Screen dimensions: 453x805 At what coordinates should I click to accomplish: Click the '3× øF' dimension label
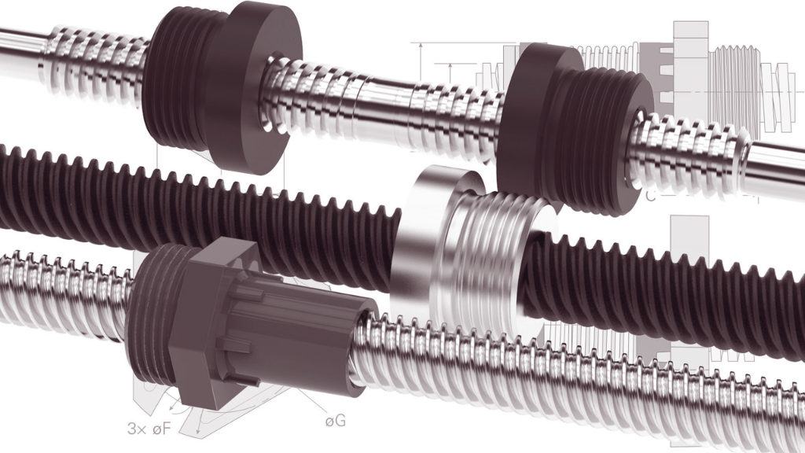149,429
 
